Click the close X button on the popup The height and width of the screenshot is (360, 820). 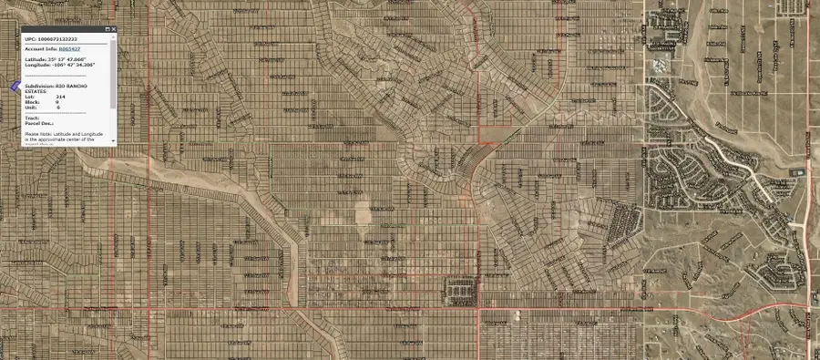[x=113, y=30]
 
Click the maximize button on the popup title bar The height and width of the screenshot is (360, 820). [x=106, y=30]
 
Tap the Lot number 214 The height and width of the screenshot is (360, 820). [x=60, y=96]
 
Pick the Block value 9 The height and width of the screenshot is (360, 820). [x=57, y=101]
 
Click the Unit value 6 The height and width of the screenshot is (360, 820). [x=57, y=107]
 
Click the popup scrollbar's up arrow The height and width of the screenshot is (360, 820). [x=113, y=37]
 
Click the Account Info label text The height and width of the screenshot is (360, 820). [x=41, y=48]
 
